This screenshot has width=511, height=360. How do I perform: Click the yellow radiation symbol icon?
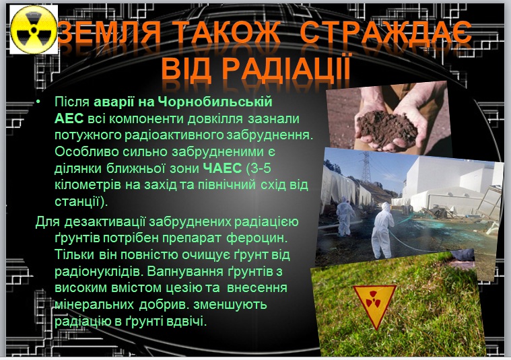[x=34, y=30]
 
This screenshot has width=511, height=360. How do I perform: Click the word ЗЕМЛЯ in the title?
[x=109, y=32]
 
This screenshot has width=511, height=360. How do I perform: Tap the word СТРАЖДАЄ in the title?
[x=386, y=32]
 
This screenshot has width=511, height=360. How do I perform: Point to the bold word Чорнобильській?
[x=215, y=102]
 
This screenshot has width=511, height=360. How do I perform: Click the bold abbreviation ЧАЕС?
[x=222, y=168]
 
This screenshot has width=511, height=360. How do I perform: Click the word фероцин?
[x=257, y=238]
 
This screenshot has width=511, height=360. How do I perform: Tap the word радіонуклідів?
[x=99, y=271]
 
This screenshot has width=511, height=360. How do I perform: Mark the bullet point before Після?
[x=38, y=102]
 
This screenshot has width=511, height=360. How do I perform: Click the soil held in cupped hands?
[x=387, y=128]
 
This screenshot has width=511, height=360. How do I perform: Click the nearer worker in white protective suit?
[x=384, y=230]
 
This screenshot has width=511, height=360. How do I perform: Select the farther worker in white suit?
[x=345, y=216]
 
